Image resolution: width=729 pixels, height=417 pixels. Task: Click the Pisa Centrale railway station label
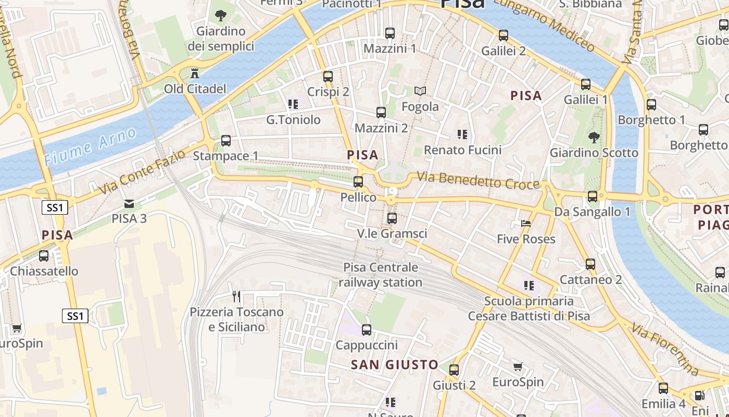coord(380,275)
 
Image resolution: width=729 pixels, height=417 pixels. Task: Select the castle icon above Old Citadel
coord(195,72)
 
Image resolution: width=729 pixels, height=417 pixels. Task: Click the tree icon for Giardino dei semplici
coord(221,15)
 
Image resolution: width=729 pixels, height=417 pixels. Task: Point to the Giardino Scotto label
coord(594,153)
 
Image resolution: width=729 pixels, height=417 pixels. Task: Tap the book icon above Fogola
coord(420,91)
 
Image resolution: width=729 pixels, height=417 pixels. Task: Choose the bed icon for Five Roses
coord(526,223)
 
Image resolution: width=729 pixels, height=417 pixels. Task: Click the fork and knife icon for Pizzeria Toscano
coord(236,297)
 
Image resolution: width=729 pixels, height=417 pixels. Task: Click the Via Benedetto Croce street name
coord(478,180)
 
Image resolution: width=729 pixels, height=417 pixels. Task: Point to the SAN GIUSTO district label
coord(394,365)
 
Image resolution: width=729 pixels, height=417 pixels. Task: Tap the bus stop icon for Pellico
coord(358,182)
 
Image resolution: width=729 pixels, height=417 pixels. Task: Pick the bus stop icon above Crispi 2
coord(328,76)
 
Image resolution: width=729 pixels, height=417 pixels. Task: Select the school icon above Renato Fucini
coord(462,134)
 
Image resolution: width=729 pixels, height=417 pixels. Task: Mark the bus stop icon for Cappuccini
coord(367,329)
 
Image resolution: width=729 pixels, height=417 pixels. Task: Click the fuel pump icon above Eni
coord(700,396)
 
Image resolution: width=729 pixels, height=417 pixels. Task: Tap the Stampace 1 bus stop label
coord(225,156)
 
